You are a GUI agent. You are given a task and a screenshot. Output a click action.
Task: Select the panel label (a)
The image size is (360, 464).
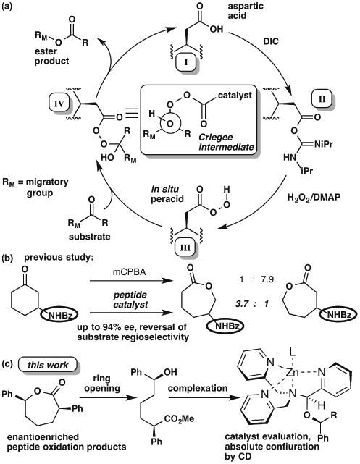click(12, 10)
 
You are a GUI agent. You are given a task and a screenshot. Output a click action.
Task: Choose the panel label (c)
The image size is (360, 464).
click(12, 371)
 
